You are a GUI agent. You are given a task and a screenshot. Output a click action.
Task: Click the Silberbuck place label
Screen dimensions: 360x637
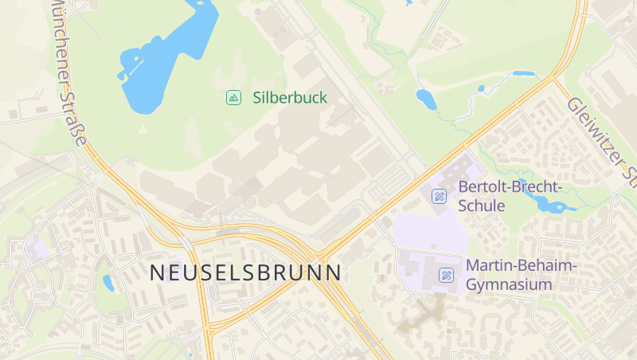[290, 98]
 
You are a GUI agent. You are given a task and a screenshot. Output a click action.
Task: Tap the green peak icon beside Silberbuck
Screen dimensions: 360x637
[233, 98]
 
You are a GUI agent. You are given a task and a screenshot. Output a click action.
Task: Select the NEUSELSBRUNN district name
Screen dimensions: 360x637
[246, 272]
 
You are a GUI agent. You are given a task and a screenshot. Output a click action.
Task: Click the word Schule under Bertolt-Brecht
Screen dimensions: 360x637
[482, 205]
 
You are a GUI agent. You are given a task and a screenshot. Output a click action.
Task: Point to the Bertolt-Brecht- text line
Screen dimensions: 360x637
[510, 187]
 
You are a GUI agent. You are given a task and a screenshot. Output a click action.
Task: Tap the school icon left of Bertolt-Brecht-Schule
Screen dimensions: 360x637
[439, 196]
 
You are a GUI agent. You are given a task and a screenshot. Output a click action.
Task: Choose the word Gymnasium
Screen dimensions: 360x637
[509, 284]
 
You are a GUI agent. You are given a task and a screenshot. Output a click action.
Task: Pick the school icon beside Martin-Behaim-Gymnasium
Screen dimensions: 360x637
[446, 275]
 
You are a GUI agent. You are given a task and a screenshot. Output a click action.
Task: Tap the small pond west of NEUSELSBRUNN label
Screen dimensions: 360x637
[108, 283]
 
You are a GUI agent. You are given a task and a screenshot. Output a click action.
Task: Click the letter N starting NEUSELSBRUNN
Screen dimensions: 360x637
[157, 272]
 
